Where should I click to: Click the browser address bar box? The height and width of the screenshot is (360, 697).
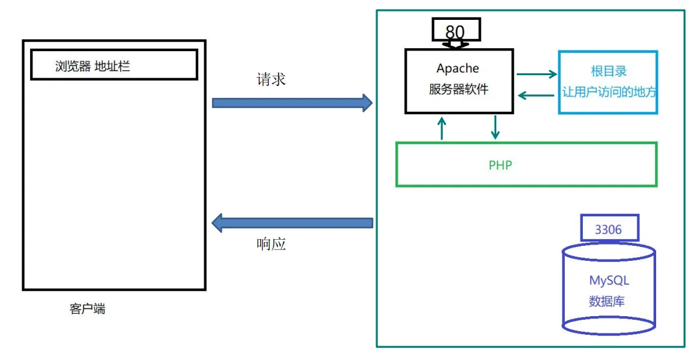(x=114, y=65)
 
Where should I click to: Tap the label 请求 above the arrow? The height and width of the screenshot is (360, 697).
(x=271, y=79)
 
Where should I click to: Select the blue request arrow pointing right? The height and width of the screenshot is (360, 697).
(x=292, y=103)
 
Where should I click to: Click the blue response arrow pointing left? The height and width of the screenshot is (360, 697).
(x=292, y=223)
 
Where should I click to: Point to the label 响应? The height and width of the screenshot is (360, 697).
(x=271, y=244)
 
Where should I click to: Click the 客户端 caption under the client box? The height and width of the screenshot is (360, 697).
(x=87, y=310)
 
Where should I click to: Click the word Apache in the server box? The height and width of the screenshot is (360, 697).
(x=458, y=69)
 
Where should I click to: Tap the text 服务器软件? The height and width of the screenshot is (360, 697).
(x=458, y=90)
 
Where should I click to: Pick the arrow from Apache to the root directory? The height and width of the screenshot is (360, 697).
(x=537, y=75)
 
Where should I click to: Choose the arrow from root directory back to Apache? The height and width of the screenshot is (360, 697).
(x=536, y=94)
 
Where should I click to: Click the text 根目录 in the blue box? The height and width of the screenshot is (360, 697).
(x=608, y=71)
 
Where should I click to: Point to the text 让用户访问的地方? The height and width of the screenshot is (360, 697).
(x=608, y=93)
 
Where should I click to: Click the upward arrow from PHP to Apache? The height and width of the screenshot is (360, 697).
(x=442, y=128)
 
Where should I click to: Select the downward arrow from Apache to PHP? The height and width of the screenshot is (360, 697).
(x=495, y=127)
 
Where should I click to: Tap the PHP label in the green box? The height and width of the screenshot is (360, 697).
(x=500, y=165)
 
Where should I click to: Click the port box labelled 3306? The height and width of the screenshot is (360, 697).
(x=608, y=230)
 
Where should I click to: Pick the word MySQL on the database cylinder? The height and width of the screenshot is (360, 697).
(x=609, y=280)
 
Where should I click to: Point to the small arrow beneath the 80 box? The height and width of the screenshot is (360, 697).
(x=455, y=45)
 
